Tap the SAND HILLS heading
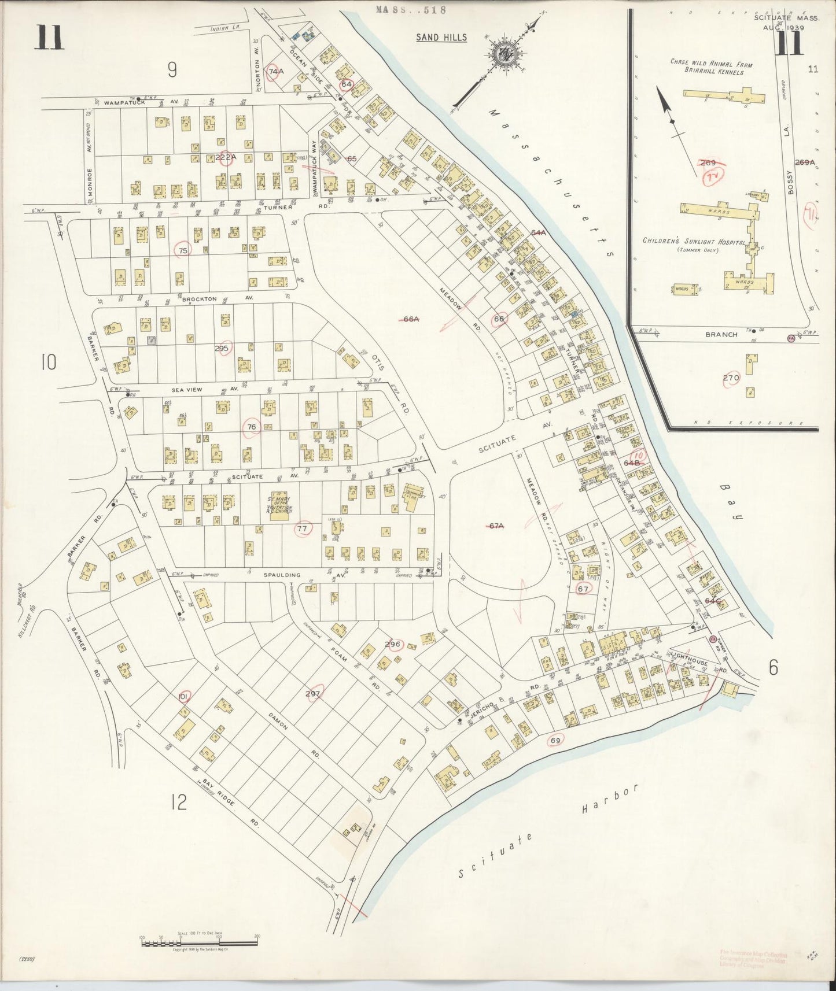(x=441, y=38)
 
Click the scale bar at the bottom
(x=200, y=943)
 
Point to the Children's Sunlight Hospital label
(x=693, y=242)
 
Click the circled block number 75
(x=183, y=250)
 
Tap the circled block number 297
(x=313, y=693)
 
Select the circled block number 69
(x=555, y=741)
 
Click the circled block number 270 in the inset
(x=731, y=378)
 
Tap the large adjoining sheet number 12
(x=179, y=802)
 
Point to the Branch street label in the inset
(x=721, y=334)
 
